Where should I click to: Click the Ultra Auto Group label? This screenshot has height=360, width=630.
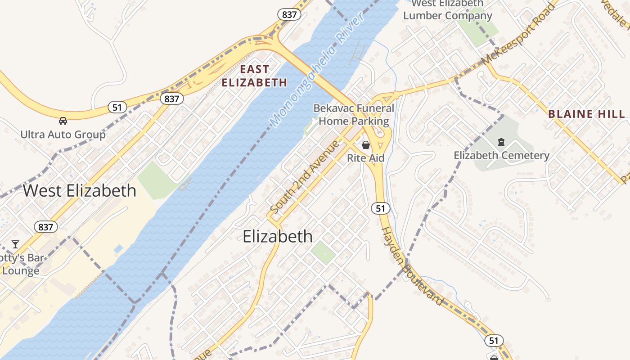pyautogui.click(x=63, y=134)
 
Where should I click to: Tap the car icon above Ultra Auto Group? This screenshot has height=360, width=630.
pyautogui.click(x=63, y=121)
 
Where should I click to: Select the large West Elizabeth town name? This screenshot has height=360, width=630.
pyautogui.click(x=79, y=190)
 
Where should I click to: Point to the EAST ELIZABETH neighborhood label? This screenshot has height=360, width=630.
pyautogui.click(x=254, y=76)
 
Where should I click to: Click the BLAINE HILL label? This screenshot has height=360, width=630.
pyautogui.click(x=587, y=114)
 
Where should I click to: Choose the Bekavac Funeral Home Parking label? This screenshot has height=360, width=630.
pyautogui.click(x=354, y=115)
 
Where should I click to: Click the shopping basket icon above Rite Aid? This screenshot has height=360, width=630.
pyautogui.click(x=366, y=145)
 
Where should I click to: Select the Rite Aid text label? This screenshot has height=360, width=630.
pyautogui.click(x=366, y=158)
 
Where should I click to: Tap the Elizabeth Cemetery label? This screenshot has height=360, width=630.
pyautogui.click(x=501, y=156)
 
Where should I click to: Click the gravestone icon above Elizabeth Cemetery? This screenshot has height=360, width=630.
pyautogui.click(x=501, y=143)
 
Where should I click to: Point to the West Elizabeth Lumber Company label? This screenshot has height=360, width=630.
pyautogui.click(x=447, y=10)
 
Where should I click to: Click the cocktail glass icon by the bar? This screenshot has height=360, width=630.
pyautogui.click(x=15, y=244)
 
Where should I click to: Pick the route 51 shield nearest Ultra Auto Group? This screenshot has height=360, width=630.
pyautogui.click(x=117, y=107)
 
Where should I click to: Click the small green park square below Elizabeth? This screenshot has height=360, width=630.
pyautogui.click(x=323, y=252)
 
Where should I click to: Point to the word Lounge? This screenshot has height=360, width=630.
pyautogui.click(x=21, y=270)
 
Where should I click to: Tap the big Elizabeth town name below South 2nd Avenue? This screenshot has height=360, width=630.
pyautogui.click(x=277, y=236)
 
